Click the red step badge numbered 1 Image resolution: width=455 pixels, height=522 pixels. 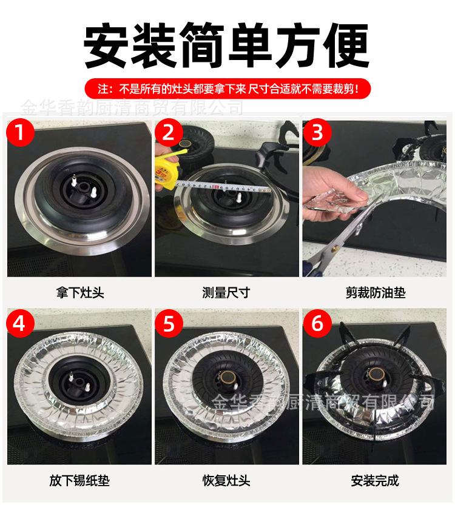point(21,132)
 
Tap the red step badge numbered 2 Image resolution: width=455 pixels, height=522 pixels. point(169,132)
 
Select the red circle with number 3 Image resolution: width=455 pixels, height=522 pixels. point(317,132)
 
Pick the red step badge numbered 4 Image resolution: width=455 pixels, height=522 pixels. point(21,323)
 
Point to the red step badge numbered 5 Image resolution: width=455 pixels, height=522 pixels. point(169,323)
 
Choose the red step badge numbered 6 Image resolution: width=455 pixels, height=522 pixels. point(317,323)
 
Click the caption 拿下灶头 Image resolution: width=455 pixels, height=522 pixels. point(79,293)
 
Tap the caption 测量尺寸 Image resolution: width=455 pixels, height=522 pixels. point(226,293)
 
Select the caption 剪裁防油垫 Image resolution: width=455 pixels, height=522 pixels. point(375,293)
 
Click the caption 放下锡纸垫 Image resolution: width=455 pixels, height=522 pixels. point(79,481)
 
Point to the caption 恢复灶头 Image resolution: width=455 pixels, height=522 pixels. point(226,481)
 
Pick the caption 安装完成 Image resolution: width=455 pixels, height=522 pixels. point(375,481)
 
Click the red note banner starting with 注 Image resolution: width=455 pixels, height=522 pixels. point(227,90)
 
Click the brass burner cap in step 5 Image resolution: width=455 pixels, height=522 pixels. point(229,380)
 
